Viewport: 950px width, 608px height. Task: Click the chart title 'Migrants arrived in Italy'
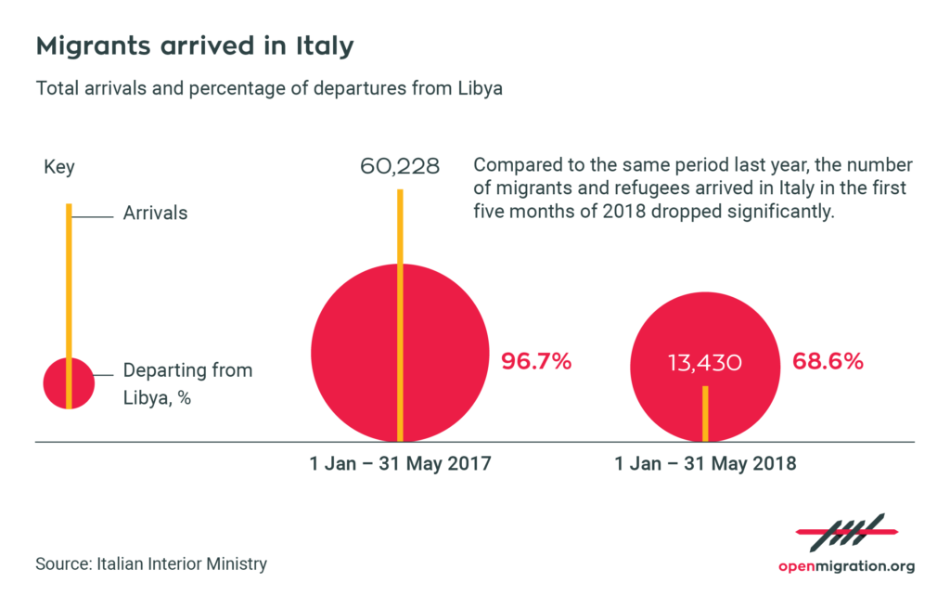[194, 46]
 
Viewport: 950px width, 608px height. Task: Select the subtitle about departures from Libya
[269, 89]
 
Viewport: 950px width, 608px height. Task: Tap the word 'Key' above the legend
[59, 168]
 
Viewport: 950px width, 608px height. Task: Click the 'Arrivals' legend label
[155, 213]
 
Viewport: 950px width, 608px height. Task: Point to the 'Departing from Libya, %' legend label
[186, 383]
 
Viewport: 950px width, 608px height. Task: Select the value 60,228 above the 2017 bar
[400, 167]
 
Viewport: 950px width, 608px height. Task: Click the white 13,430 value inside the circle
[704, 363]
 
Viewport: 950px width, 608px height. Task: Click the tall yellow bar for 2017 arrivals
[400, 232]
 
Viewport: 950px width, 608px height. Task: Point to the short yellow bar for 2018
[705, 413]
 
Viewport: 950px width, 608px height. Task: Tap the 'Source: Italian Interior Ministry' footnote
[151, 563]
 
